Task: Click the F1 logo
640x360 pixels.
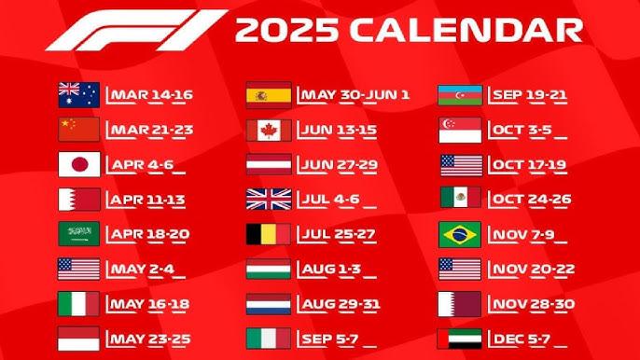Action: click(135, 30)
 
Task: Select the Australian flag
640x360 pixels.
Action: click(78, 94)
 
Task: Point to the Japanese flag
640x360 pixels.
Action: click(78, 164)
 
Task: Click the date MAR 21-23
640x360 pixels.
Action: click(150, 129)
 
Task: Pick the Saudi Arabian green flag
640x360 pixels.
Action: click(78, 234)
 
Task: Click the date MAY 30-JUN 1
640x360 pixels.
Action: click(354, 94)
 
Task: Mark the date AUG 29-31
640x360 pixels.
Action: click(340, 304)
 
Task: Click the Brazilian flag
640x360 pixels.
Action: click(461, 234)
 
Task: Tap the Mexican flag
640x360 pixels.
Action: click(461, 200)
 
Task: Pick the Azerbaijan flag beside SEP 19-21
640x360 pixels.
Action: click(461, 94)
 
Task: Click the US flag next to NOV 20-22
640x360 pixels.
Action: click(461, 270)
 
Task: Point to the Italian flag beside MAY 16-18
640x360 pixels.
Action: click(78, 304)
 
